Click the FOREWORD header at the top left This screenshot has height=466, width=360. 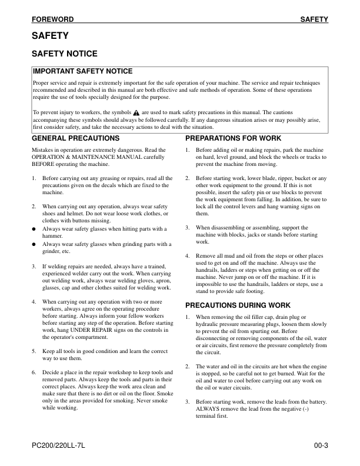pos(53,19)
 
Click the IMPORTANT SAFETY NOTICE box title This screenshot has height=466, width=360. pos(83,71)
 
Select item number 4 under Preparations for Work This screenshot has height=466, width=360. pos(187,256)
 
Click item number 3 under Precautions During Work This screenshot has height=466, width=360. pos(187,402)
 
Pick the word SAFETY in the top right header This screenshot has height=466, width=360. pos(314,19)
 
